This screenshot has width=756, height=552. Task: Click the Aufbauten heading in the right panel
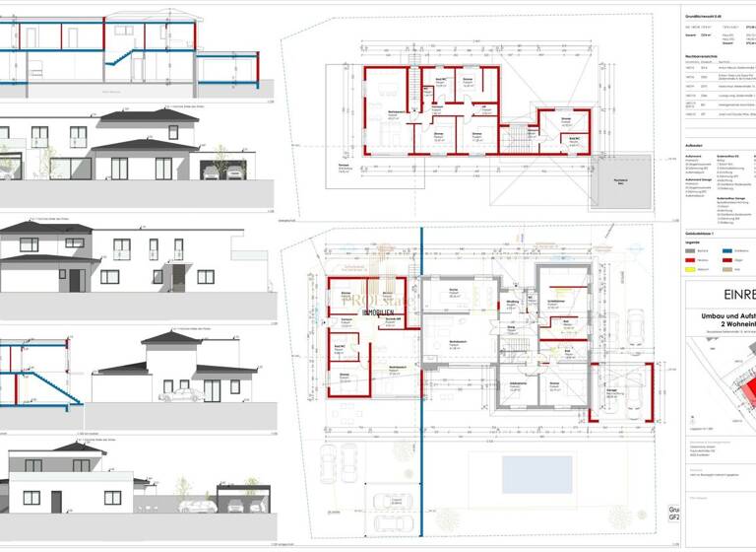click(x=694, y=145)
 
